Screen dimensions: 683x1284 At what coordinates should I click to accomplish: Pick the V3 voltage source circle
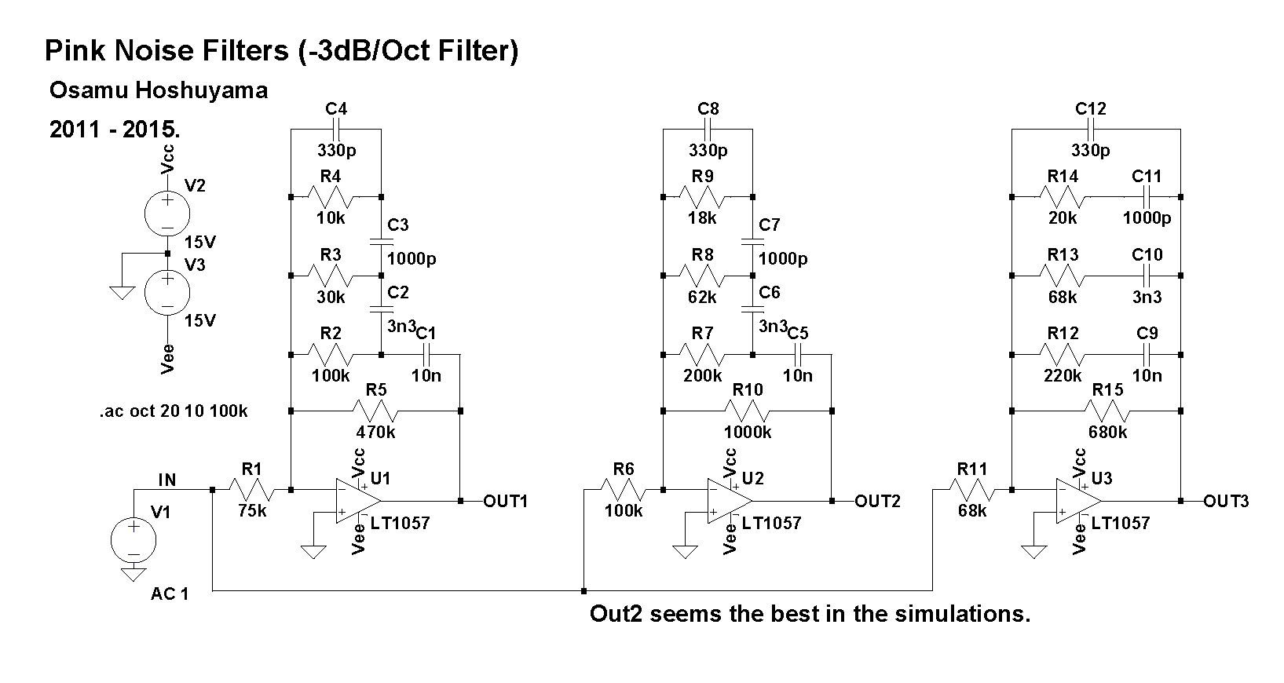pos(167,292)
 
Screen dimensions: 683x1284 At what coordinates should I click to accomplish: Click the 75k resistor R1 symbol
pos(251,490)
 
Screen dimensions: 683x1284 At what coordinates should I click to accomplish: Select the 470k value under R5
pos(376,432)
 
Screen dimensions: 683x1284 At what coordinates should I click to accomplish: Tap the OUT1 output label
pos(506,501)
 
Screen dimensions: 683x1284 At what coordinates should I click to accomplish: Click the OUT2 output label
pos(877,501)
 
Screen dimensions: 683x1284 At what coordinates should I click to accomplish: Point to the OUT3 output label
pos(1226,501)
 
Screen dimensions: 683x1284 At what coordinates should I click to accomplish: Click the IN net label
pos(167,480)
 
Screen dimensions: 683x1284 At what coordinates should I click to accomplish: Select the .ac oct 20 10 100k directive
pos(174,411)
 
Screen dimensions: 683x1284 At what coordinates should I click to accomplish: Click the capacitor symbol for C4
pos(336,130)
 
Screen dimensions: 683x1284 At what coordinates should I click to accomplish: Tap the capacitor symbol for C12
pos(1090,130)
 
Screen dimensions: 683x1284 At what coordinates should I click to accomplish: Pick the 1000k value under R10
pos(748,432)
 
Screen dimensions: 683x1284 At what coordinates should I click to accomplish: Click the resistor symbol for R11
pos(972,490)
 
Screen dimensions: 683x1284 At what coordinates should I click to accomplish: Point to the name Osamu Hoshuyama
pos(158,91)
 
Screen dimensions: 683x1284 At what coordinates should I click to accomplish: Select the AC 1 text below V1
pos(170,594)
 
